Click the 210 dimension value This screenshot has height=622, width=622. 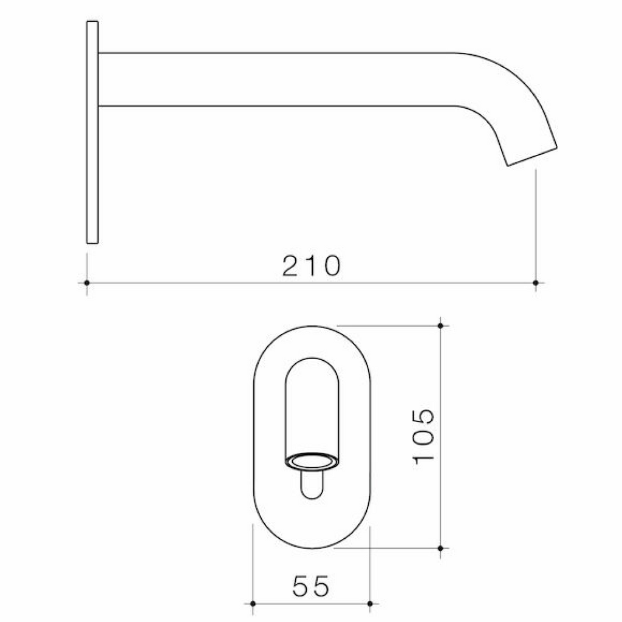[311, 265]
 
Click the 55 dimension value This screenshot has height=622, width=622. [310, 586]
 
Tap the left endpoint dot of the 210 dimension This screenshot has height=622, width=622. [87, 283]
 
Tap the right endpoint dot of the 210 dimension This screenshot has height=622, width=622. [535, 283]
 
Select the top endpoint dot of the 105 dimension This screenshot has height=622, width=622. [440, 326]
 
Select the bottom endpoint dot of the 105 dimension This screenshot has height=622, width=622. [440, 548]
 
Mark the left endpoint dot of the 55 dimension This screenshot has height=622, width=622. [253, 604]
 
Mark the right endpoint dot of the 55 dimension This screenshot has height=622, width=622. [370, 604]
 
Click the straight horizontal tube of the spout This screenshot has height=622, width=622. [273, 80]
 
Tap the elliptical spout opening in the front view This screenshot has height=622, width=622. [311, 462]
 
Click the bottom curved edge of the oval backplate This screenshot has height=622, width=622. [311, 547]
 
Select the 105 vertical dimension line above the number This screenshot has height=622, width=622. [440, 364]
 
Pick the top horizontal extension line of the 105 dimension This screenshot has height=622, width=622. [389, 326]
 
